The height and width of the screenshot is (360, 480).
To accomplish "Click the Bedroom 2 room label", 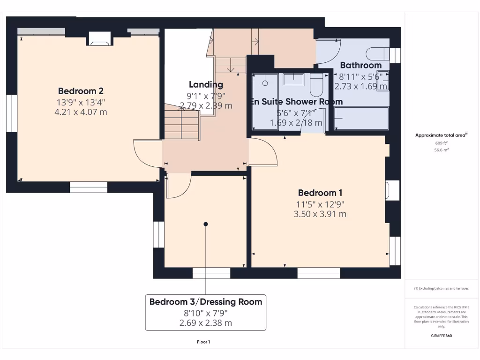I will pyautogui.click(x=81, y=91).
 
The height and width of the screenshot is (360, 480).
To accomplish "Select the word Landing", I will pyautogui.click(x=206, y=85).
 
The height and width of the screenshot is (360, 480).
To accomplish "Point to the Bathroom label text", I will pyautogui.click(x=360, y=65).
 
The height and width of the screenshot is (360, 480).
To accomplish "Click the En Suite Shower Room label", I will pyautogui.click(x=296, y=102).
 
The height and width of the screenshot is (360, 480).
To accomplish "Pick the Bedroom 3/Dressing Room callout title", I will pyautogui.click(x=206, y=301).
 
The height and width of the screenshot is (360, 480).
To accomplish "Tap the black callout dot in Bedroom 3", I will pyautogui.click(x=205, y=224).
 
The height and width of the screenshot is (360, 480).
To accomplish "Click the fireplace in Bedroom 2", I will pyautogui.click(x=99, y=40).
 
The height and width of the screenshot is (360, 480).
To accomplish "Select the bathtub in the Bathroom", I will pyautogui.click(x=361, y=119).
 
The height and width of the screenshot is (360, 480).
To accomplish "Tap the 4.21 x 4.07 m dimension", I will pyautogui.click(x=81, y=112).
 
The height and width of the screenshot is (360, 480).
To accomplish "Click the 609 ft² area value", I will pyautogui.click(x=440, y=143).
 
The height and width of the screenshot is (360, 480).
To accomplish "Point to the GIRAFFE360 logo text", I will pyautogui.click(x=441, y=336).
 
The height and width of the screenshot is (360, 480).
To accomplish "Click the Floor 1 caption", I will pyautogui.click(x=203, y=342).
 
